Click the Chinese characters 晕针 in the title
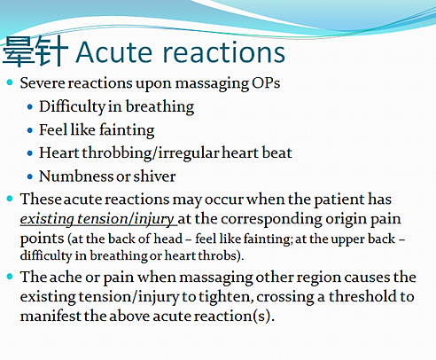[35, 51]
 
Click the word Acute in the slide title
[114, 52]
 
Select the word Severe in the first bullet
[42, 83]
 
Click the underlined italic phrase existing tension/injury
[98, 219]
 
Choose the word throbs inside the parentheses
[217, 255]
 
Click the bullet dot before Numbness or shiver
[29, 176]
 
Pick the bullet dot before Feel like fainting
[29, 130]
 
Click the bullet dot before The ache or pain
[10, 277]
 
